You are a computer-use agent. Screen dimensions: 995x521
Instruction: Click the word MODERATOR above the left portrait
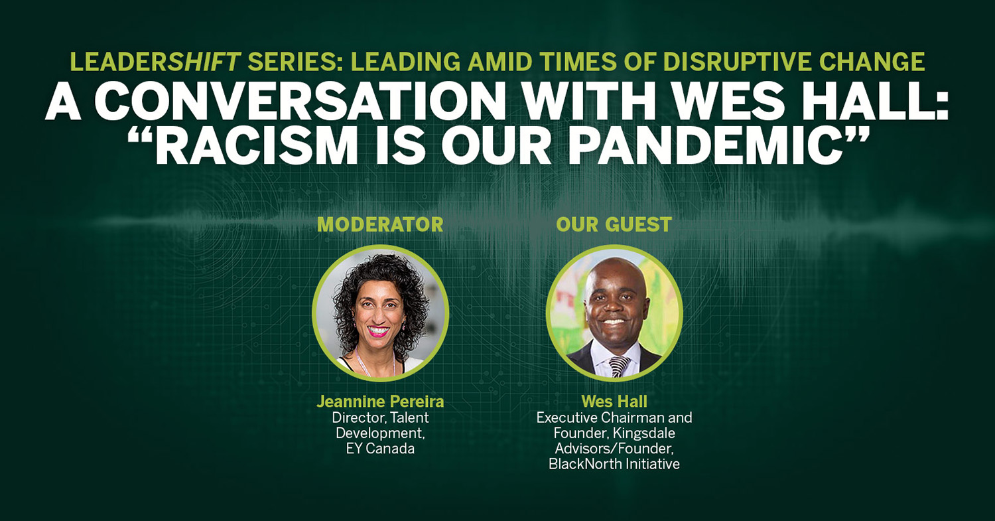(380, 224)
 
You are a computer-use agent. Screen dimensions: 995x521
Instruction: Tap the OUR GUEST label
(614, 224)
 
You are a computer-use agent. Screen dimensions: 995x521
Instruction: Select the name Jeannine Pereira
(380, 402)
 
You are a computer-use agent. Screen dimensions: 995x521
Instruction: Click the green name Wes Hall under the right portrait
(614, 402)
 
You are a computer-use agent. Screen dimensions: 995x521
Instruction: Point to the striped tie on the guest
(618, 366)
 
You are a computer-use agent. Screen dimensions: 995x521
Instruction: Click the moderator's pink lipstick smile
(379, 332)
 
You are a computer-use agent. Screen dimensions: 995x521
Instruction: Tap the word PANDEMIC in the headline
(708, 146)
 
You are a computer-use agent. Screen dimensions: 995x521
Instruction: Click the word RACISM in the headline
(256, 146)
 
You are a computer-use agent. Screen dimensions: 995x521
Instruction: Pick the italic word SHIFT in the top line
(204, 62)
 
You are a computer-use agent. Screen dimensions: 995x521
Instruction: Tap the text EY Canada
(380, 449)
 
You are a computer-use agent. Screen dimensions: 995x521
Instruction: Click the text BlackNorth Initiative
(614, 464)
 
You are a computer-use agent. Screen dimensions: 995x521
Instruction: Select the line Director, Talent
(380, 418)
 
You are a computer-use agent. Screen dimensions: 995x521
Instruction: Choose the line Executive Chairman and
(614, 418)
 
